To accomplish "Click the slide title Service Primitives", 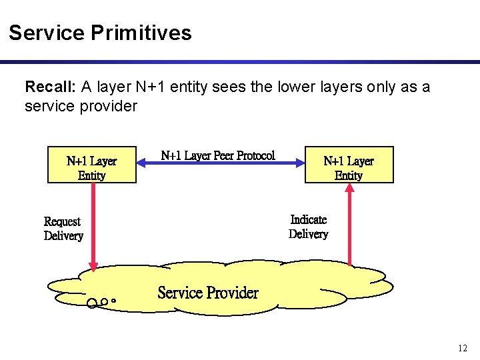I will pyautogui.click(x=100, y=33).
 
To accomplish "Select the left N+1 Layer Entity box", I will pyautogui.click(x=91, y=165).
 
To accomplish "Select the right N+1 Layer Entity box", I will pyautogui.click(x=349, y=165).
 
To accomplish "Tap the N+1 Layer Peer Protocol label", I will pyautogui.click(x=218, y=155).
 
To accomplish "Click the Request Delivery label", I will pyautogui.click(x=63, y=229).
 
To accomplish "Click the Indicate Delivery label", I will pyautogui.click(x=308, y=227).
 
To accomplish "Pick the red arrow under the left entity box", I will pyautogui.click(x=93, y=227).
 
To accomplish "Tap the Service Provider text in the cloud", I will pyautogui.click(x=207, y=293).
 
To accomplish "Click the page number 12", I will pyautogui.click(x=463, y=347).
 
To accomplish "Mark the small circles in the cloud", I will pyautogui.click(x=101, y=303).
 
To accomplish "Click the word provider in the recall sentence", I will pyautogui.click(x=107, y=106).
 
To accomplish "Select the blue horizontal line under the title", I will pyautogui.click(x=240, y=62).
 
